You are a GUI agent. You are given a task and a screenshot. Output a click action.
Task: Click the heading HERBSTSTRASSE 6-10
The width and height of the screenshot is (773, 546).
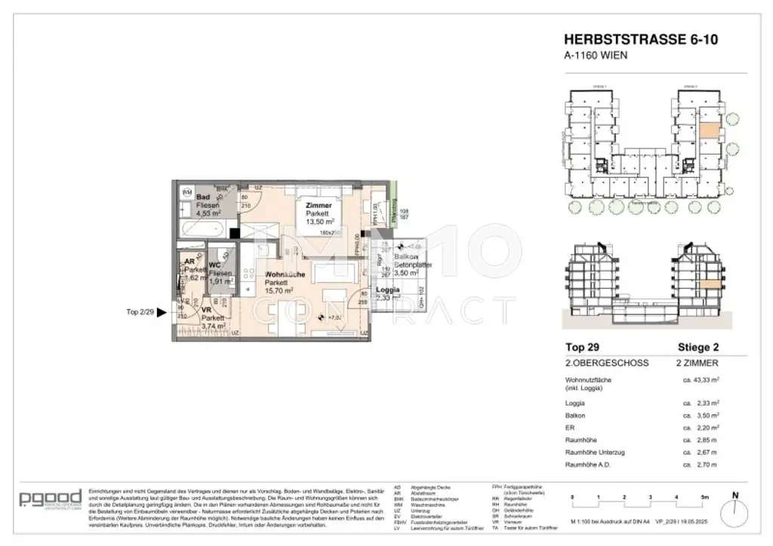pos(631,39)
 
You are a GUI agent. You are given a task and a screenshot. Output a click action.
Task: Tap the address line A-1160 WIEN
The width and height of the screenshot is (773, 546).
pos(596,55)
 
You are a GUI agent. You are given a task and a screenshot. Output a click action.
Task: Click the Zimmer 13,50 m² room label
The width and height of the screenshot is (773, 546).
pos(318,213)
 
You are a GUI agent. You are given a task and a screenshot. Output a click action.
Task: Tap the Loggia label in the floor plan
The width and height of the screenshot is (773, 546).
pos(387,290)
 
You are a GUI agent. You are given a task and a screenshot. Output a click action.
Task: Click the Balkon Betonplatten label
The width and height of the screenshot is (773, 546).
pos(408,262)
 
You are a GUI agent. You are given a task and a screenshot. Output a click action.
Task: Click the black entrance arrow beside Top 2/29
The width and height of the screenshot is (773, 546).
pos(160,311)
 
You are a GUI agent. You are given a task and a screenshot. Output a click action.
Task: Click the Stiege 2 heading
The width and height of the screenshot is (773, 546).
pos(696,348)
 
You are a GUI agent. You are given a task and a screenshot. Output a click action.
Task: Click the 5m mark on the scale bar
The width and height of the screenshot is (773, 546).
pos(704,498)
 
